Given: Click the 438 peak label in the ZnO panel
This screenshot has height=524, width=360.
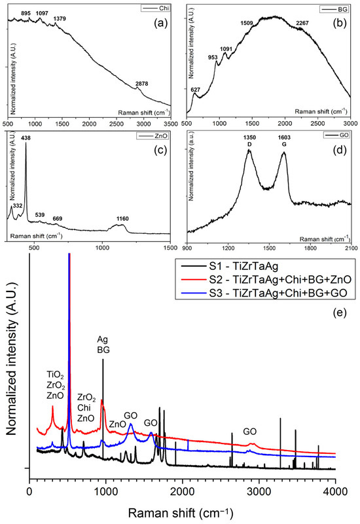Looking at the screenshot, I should [26, 138].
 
